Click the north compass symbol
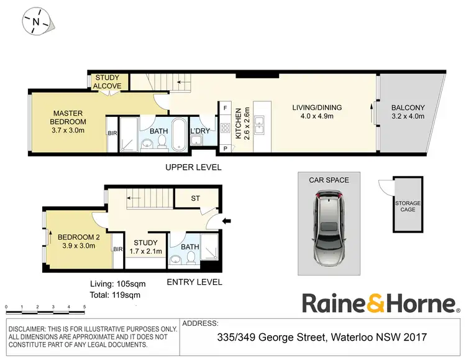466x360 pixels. pos(36,21)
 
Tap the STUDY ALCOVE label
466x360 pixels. pos(108,82)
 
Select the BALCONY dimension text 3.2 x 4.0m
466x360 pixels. pos(408,116)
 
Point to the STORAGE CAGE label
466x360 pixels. pos(408,206)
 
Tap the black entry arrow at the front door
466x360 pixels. pos(227,219)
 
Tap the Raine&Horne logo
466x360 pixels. pos(379,303)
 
